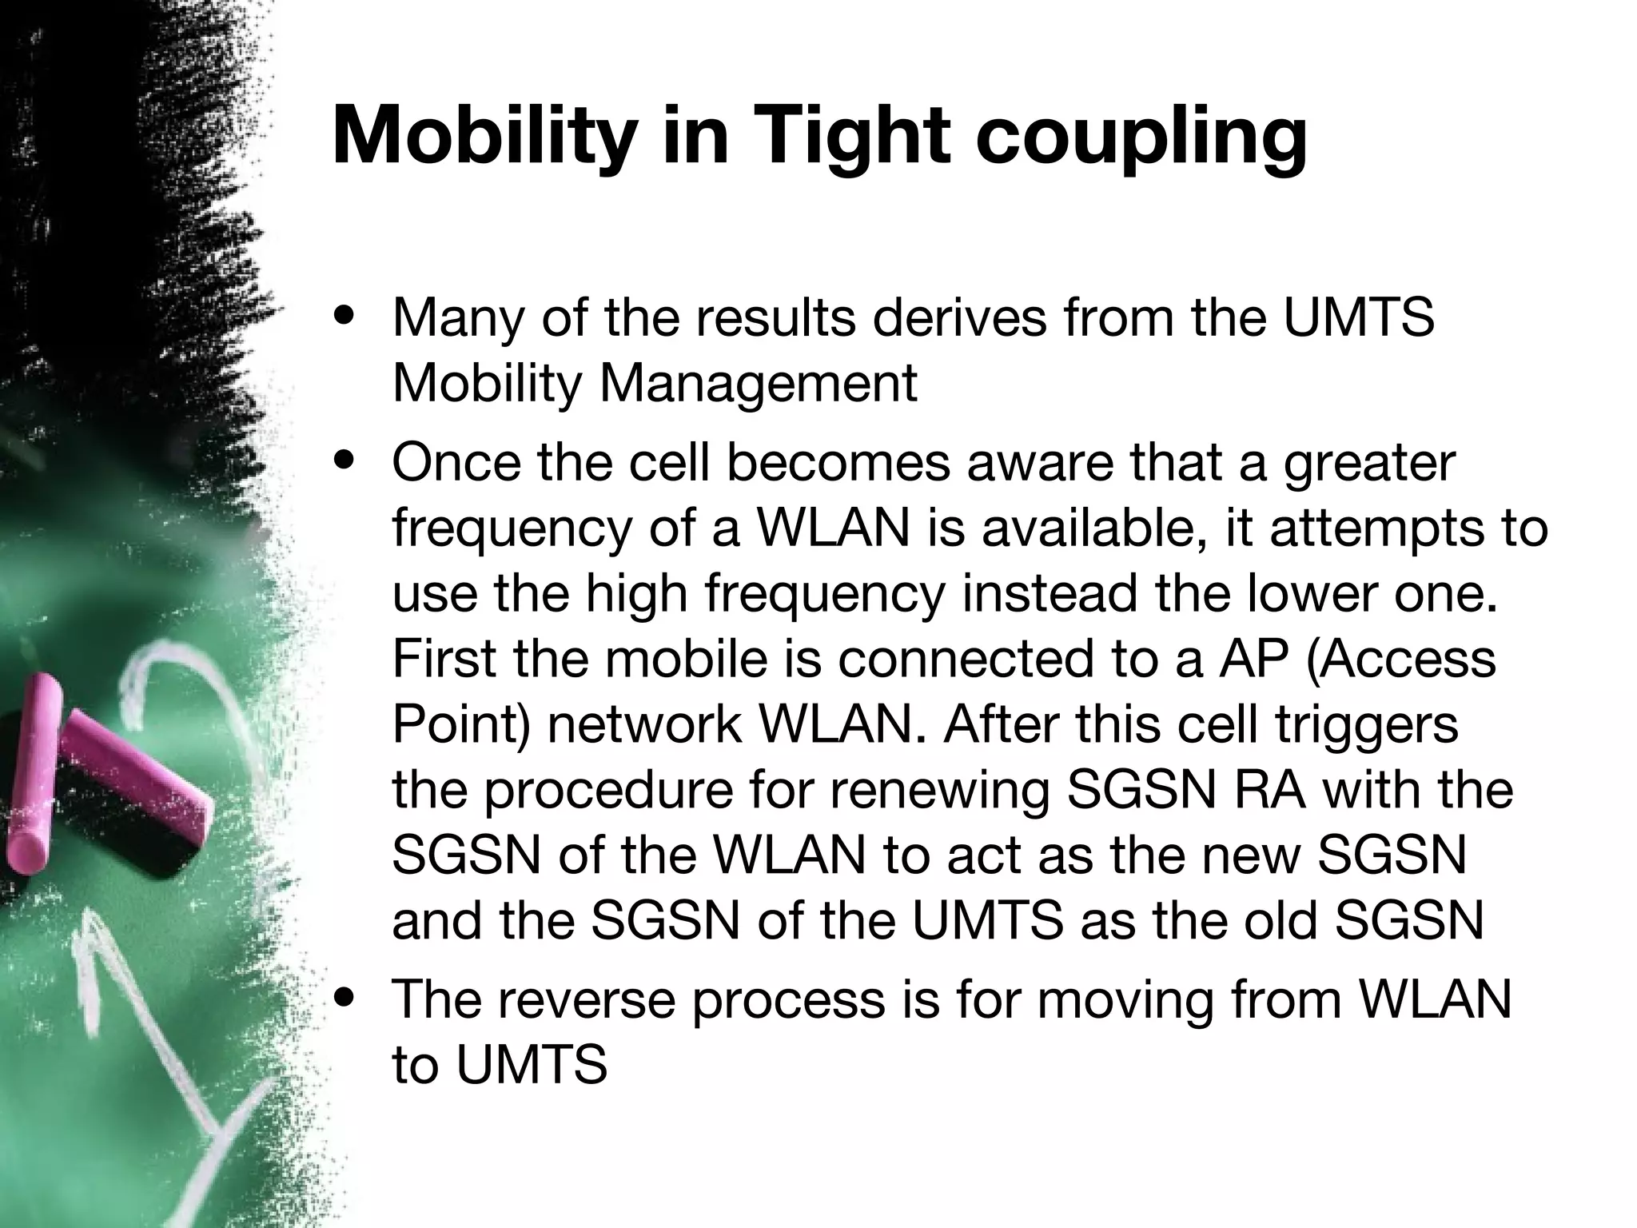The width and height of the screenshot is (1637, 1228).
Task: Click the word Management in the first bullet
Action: pos(758,384)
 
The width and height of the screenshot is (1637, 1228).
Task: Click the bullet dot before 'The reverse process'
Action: pos(345,999)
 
